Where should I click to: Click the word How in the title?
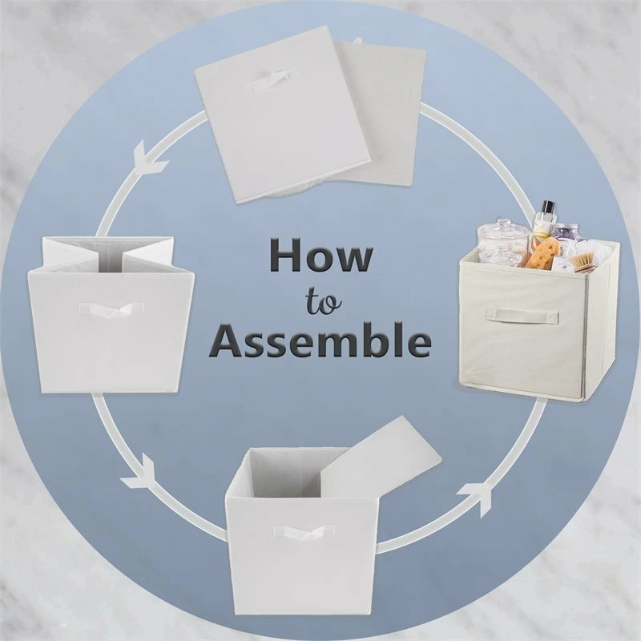coord(320,259)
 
